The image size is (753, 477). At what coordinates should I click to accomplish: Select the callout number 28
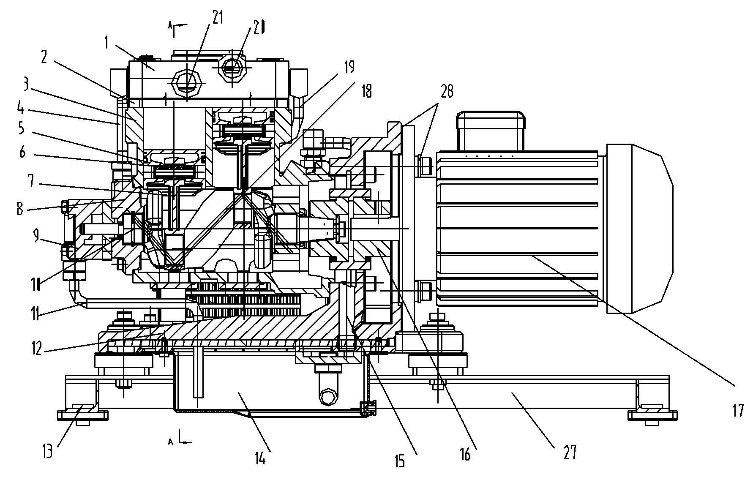446,90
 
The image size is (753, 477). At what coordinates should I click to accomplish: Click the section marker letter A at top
170,26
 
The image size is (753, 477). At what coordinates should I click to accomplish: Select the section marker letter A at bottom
171,442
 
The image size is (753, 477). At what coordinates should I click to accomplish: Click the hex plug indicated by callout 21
187,80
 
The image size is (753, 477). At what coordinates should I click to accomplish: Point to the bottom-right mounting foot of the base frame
652,414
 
